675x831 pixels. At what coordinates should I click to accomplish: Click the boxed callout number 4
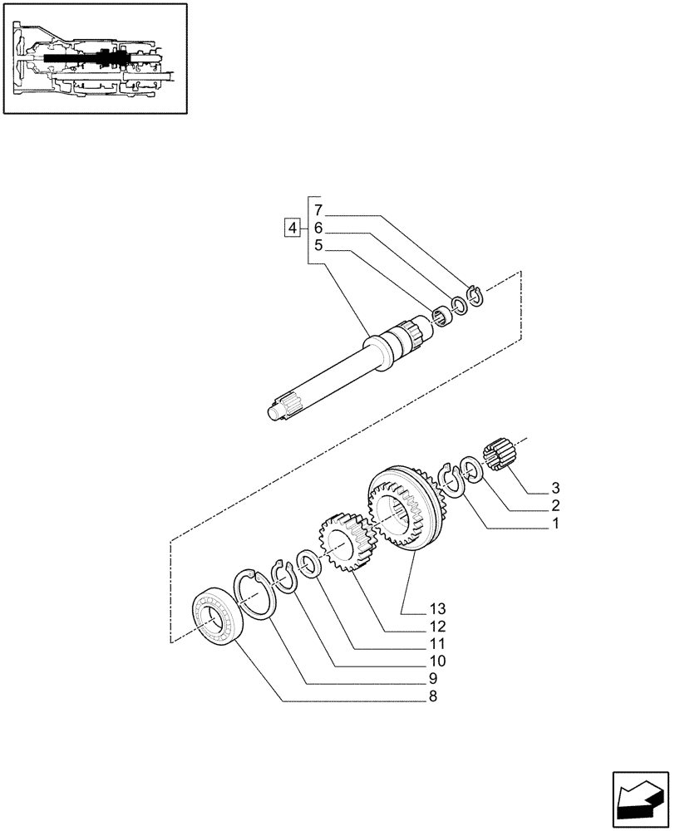[x=292, y=227]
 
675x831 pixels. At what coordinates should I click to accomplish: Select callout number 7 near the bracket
[x=319, y=210]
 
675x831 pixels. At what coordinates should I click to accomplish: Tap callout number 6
[x=319, y=228]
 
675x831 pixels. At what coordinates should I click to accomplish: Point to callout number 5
[x=319, y=245]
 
